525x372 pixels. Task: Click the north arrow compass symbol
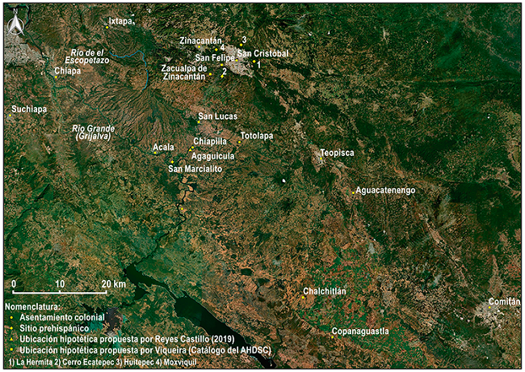pyautogui.click(x=14, y=27)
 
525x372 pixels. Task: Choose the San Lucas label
pyautogui.click(x=218, y=116)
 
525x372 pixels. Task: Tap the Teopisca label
pyautogui.click(x=337, y=152)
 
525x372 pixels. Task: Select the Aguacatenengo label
pyautogui.click(x=385, y=190)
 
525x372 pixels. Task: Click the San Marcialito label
pyautogui.click(x=195, y=168)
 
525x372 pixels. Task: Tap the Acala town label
pyautogui.click(x=163, y=148)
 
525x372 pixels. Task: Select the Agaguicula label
pyautogui.click(x=213, y=156)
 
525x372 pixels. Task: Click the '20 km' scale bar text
pyautogui.click(x=113, y=284)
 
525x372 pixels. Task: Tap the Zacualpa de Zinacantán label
pyautogui.click(x=189, y=73)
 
